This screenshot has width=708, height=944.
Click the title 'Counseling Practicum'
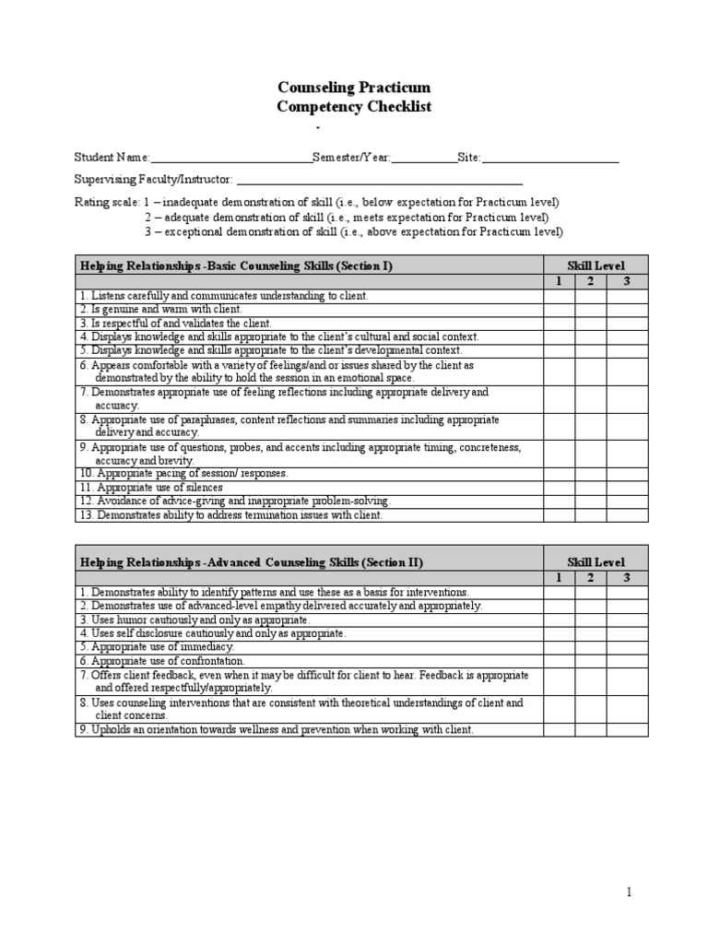[354, 88]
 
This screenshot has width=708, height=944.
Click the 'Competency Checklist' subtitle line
[354, 107]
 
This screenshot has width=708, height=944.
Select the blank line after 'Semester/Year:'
[424, 159]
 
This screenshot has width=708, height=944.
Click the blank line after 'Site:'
[550, 159]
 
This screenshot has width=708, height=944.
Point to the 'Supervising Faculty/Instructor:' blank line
[379, 180]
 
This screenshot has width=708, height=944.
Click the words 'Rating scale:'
[107, 202]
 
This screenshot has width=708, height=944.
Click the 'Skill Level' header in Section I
[596, 265]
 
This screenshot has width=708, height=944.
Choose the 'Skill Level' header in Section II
[596, 561]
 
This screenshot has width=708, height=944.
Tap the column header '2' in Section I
[591, 281]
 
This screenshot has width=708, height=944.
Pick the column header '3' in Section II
[627, 577]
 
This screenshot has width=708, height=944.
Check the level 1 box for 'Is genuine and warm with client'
[559, 310]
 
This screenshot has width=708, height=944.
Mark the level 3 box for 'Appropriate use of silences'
[627, 487]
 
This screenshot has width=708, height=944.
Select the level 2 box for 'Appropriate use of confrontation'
[591, 660]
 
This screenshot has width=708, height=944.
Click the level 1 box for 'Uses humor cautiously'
[559, 619]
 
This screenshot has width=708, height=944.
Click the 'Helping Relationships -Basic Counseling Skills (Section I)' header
[237, 265]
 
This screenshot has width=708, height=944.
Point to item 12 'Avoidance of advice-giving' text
[235, 501]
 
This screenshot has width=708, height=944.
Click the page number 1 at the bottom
[629, 892]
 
